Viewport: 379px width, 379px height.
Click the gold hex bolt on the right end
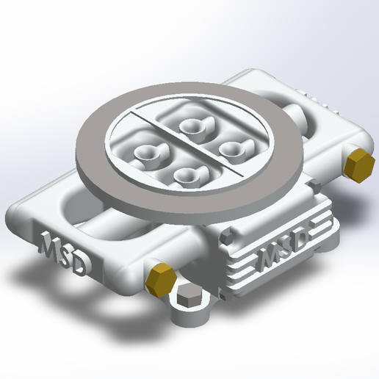(x=358, y=167)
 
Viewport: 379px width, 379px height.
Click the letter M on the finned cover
(x=267, y=258)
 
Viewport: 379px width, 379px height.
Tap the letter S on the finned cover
(x=284, y=248)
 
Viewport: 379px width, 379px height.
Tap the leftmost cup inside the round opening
(x=147, y=153)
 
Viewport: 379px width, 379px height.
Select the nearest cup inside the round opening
(x=188, y=175)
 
